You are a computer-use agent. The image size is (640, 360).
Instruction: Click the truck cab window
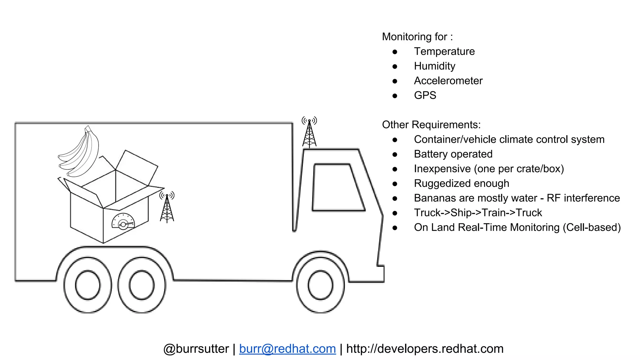tap(337, 187)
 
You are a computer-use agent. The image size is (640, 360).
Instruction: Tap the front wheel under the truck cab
tap(321, 285)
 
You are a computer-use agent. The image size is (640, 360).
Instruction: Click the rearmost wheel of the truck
tap(88, 285)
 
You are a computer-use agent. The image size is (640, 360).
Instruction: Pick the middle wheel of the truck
tap(142, 285)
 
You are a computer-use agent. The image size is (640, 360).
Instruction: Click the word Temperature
tap(444, 51)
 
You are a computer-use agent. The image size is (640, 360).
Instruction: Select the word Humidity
tap(434, 66)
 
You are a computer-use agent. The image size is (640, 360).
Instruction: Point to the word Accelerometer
tap(448, 81)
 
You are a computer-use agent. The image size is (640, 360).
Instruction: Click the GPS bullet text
tap(425, 95)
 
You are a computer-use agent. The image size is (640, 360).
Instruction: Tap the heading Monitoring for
tap(417, 37)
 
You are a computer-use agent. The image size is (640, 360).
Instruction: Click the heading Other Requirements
tap(431, 125)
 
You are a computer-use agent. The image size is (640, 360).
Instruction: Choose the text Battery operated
tap(453, 154)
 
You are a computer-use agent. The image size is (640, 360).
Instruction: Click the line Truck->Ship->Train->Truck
tap(478, 213)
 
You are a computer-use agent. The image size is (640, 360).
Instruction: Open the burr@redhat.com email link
tap(287, 349)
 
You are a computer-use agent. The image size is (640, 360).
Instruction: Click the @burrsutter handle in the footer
tap(196, 349)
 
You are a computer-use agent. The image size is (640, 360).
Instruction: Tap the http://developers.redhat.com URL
tap(425, 349)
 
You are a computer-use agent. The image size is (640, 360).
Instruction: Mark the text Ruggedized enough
tap(462, 183)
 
